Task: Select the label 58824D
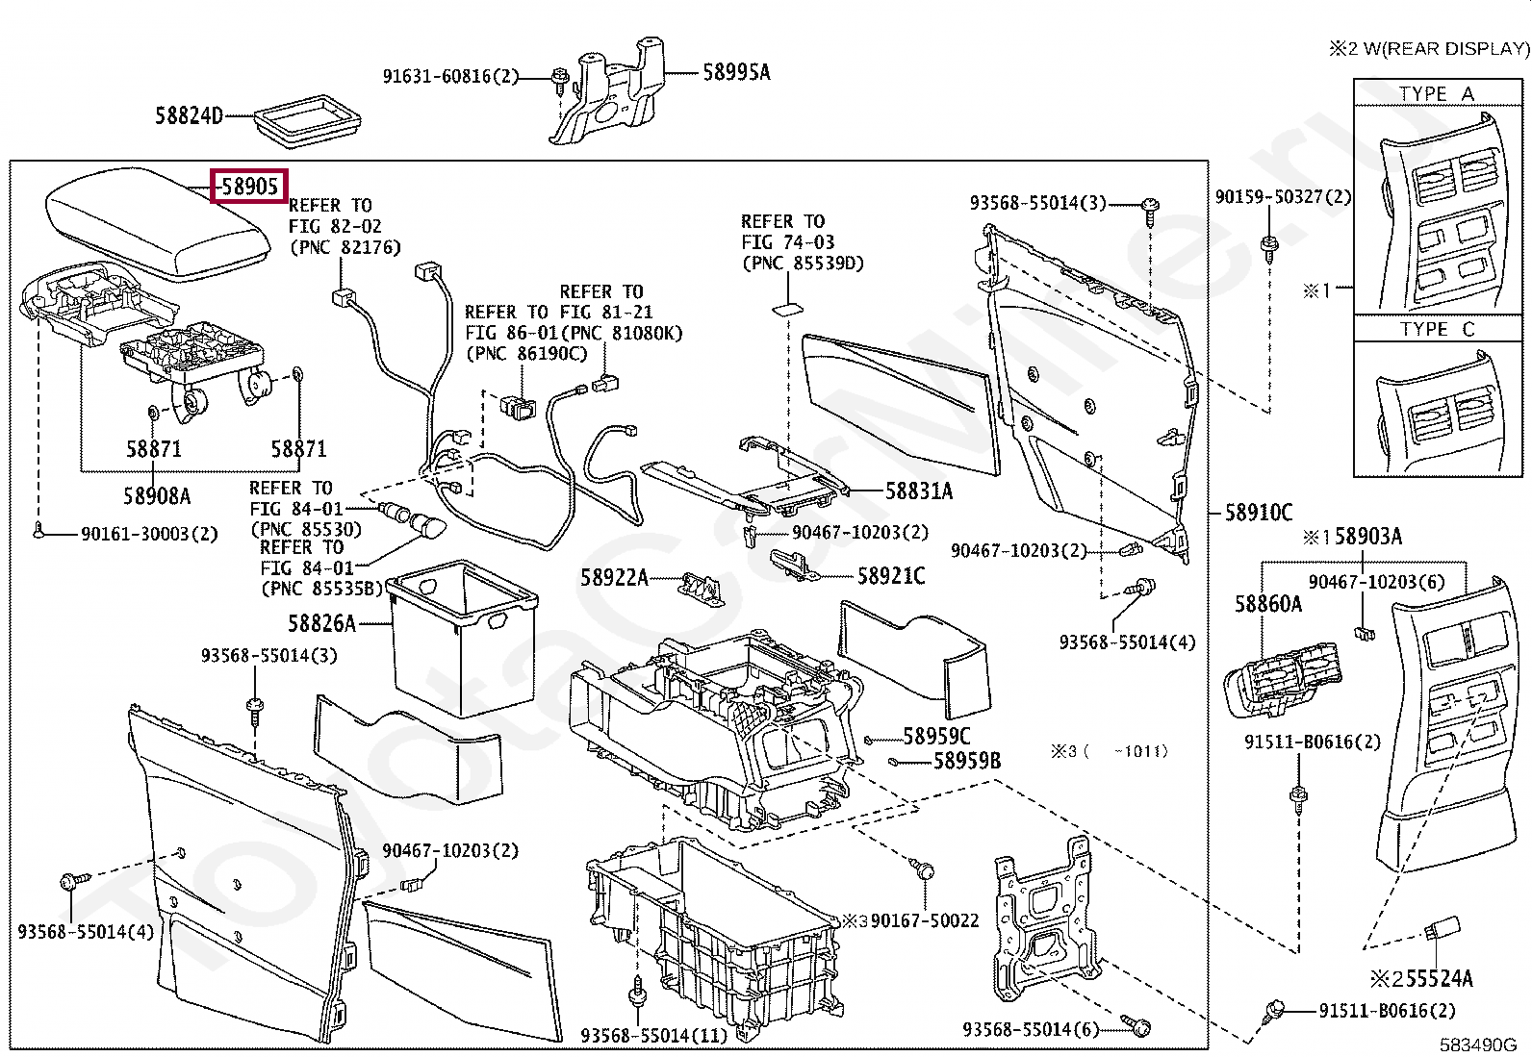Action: [x=189, y=116]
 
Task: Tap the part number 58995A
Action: [x=736, y=71]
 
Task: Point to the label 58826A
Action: [x=321, y=623]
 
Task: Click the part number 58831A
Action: [x=918, y=491]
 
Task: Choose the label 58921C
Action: [x=891, y=576]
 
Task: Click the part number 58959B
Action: [x=967, y=762]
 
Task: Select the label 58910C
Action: [x=1259, y=513]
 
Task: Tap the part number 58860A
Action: [x=1267, y=603]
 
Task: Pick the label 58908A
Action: [x=157, y=496]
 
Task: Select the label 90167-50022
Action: [x=924, y=920]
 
